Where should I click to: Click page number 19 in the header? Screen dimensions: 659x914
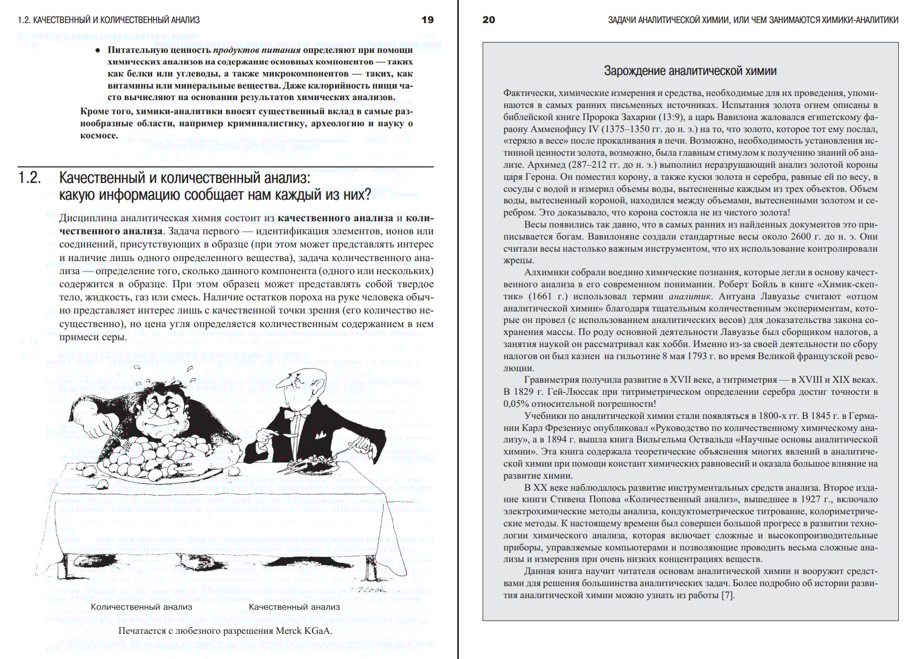pyautogui.click(x=427, y=20)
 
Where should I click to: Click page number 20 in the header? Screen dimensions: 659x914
pyautogui.click(x=488, y=20)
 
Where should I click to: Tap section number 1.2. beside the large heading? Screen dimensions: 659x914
pyautogui.click(x=29, y=178)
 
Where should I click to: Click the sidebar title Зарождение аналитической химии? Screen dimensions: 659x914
pyautogui.click(x=690, y=71)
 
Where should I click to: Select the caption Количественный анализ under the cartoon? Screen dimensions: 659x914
pyautogui.click(x=142, y=607)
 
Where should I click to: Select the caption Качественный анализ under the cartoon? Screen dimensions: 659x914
pyautogui.click(x=294, y=607)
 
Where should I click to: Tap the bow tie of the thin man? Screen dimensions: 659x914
pyautogui.click(x=300, y=414)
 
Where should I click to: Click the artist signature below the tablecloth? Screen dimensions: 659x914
pyautogui.click(x=370, y=590)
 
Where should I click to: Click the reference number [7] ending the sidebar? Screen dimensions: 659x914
pyautogui.click(x=728, y=595)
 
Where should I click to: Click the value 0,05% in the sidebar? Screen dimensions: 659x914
pyautogui.click(x=516, y=404)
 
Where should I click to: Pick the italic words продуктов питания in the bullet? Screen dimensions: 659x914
pyautogui.click(x=257, y=50)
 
